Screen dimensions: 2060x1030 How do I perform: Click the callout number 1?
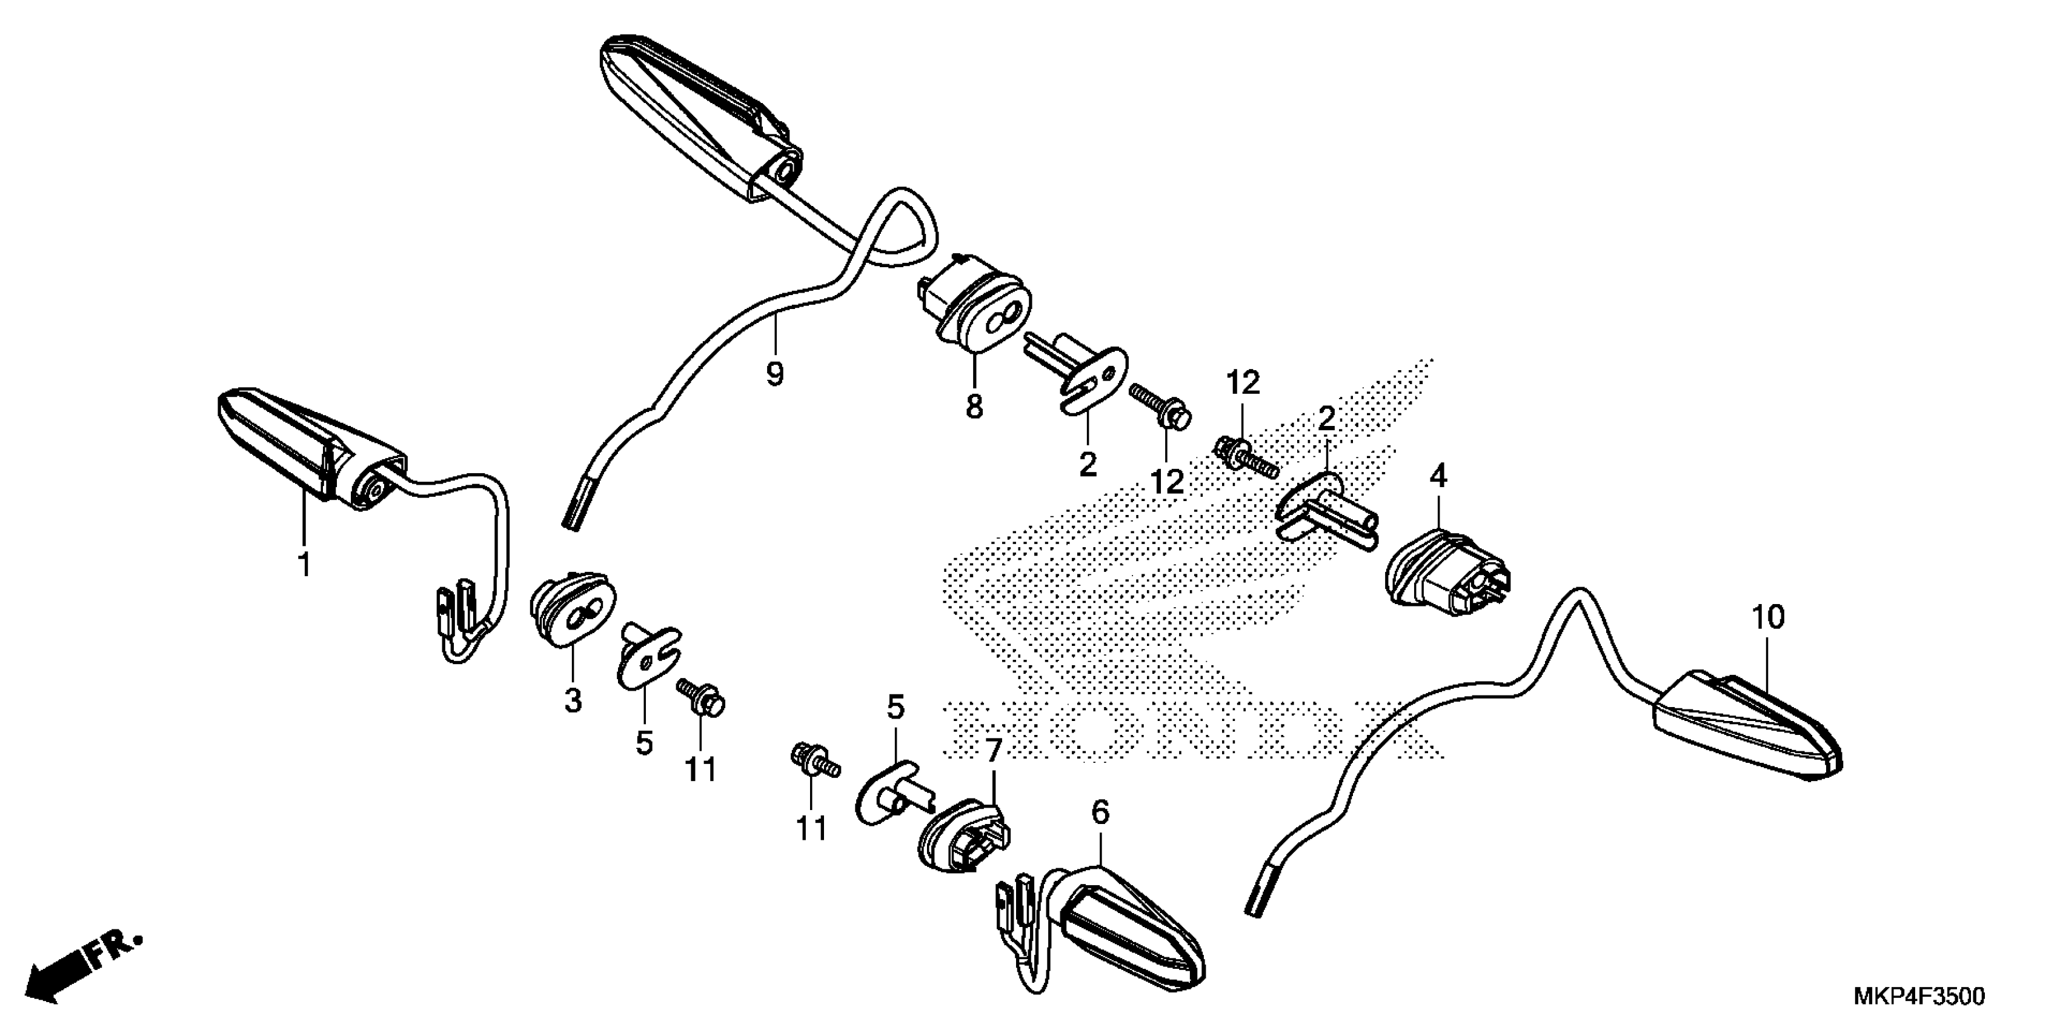pyautogui.click(x=304, y=564)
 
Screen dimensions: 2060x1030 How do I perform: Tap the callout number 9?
pyautogui.click(x=774, y=373)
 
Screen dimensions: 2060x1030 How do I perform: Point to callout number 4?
pyautogui.click(x=1438, y=477)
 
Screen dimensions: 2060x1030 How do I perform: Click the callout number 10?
pyautogui.click(x=1768, y=617)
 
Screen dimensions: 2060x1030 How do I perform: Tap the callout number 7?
pyautogui.click(x=992, y=750)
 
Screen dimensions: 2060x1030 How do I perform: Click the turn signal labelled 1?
pyautogui.click(x=312, y=448)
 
